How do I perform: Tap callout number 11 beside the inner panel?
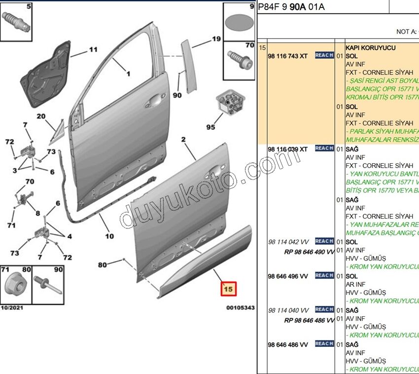click(x=93, y=49)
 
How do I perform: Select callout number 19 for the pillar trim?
click(x=216, y=38)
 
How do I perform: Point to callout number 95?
click(x=210, y=127)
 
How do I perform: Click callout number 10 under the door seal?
click(x=109, y=236)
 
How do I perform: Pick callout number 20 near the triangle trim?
click(x=40, y=116)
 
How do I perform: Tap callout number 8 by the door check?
click(x=37, y=214)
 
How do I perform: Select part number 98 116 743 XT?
click(x=288, y=56)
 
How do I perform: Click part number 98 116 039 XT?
click(x=288, y=149)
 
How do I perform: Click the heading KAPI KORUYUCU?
click(x=367, y=48)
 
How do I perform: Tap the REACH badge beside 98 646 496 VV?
click(x=324, y=276)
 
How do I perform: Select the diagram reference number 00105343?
click(x=241, y=307)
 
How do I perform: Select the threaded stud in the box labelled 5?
click(x=15, y=22)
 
